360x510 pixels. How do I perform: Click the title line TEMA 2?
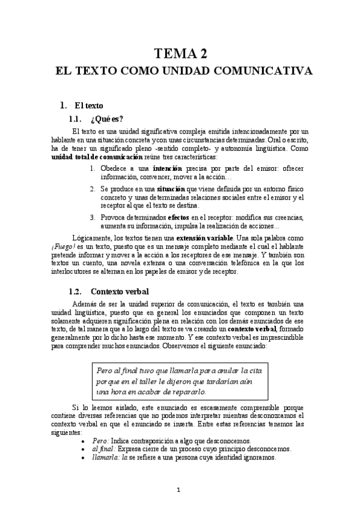coord(180,54)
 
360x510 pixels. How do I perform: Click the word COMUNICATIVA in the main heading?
coord(267,71)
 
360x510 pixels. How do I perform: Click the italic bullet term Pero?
coord(100,441)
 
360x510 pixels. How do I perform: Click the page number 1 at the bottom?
coord(180,489)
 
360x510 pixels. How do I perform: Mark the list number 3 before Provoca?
coord(93,217)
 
